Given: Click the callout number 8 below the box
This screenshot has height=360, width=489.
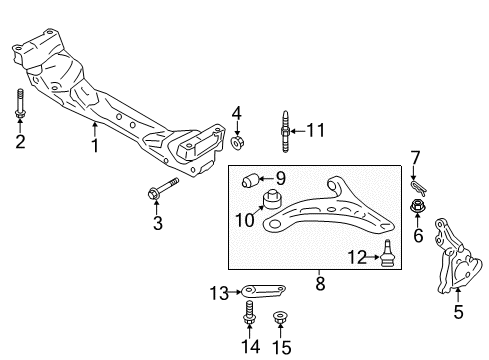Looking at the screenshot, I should [318, 283].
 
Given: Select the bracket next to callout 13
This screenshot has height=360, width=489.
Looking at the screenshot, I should [268, 292].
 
